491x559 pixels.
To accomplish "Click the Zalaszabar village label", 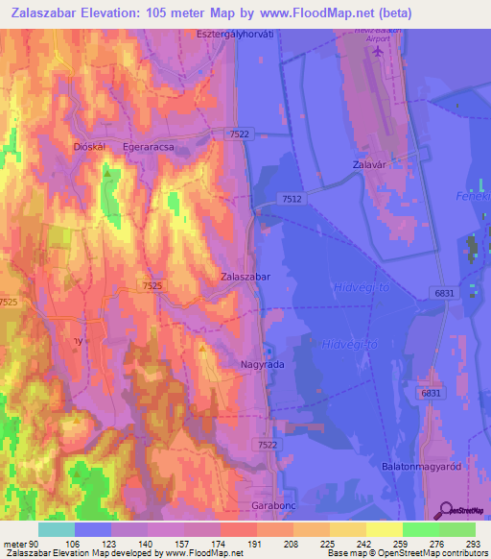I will coord(245,276).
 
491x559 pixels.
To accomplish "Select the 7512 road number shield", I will coord(292,198).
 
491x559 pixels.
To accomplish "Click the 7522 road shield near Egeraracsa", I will coord(240,134).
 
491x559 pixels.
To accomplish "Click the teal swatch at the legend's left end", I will coord(57,529).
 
